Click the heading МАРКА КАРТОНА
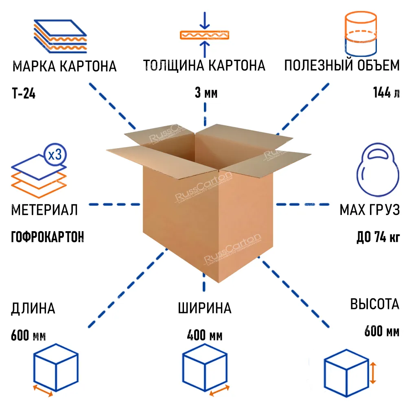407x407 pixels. (64, 66)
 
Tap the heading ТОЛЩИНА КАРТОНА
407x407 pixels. (204, 66)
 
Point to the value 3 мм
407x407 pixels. (206, 94)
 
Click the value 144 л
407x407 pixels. (386, 93)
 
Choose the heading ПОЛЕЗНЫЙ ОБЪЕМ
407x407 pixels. (342, 66)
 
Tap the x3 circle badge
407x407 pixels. (55, 155)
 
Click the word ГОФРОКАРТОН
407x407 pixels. (48, 236)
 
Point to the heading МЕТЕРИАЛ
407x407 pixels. (44, 210)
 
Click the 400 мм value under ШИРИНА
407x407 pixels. (205, 337)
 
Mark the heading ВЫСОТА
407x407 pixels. (375, 305)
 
